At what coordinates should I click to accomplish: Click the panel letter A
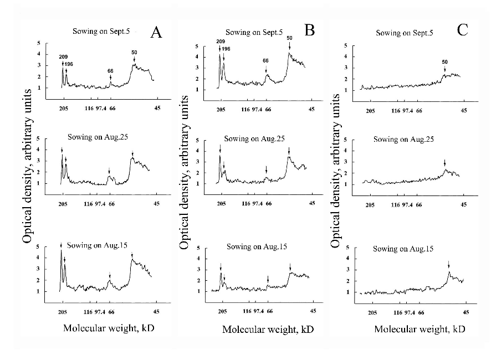(x=156, y=32)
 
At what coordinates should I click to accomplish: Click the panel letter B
(x=309, y=30)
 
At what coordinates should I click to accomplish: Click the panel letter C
(x=463, y=30)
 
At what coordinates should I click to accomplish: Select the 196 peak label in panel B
(x=226, y=49)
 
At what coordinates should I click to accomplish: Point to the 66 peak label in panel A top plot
(x=110, y=71)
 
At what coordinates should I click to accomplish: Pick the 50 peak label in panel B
(x=289, y=38)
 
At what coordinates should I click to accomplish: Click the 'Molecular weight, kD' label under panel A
(x=108, y=327)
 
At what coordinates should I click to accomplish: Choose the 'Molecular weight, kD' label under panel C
(x=420, y=328)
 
